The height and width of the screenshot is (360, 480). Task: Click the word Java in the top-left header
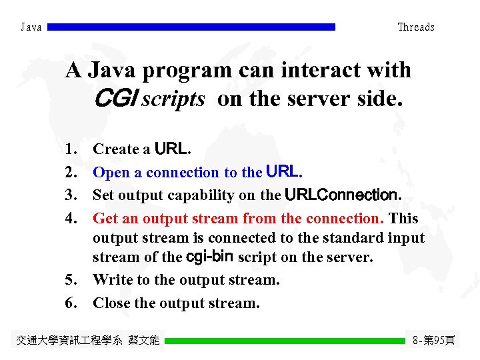click(31, 27)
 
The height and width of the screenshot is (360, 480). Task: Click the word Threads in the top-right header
click(415, 27)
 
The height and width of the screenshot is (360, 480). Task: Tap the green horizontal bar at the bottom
click(285, 341)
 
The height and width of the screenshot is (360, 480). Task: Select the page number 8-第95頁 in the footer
click(434, 341)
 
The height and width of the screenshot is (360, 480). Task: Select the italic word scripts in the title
click(173, 99)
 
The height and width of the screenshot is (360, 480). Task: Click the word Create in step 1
click(112, 149)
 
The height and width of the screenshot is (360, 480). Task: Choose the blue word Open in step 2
click(111, 173)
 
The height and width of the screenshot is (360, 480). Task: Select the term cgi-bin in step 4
click(210, 257)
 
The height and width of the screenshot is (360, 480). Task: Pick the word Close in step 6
click(111, 303)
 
